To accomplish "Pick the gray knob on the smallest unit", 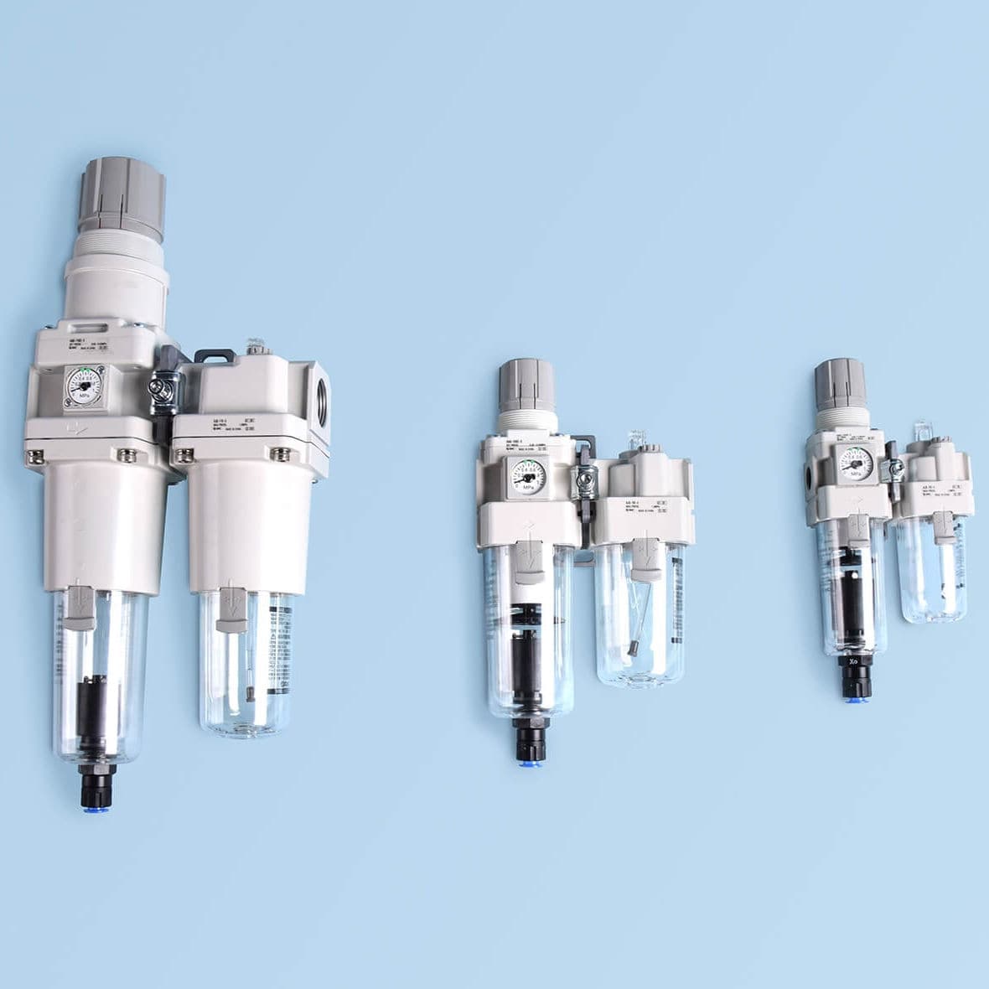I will [x=841, y=382].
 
